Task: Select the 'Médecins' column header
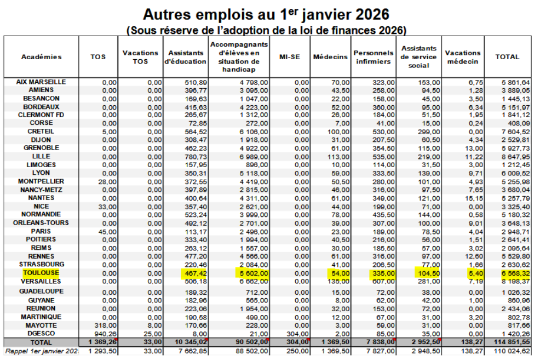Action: click(330, 57)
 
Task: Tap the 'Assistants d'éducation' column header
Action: click(186, 57)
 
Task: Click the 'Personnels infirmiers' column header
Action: click(374, 57)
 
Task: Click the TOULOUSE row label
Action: click(41, 273)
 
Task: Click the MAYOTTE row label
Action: click(41, 325)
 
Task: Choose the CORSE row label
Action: click(41, 123)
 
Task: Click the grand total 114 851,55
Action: click(512, 342)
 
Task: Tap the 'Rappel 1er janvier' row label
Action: click(41, 351)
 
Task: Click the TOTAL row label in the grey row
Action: click(41, 342)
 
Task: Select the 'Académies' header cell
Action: click(41, 57)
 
